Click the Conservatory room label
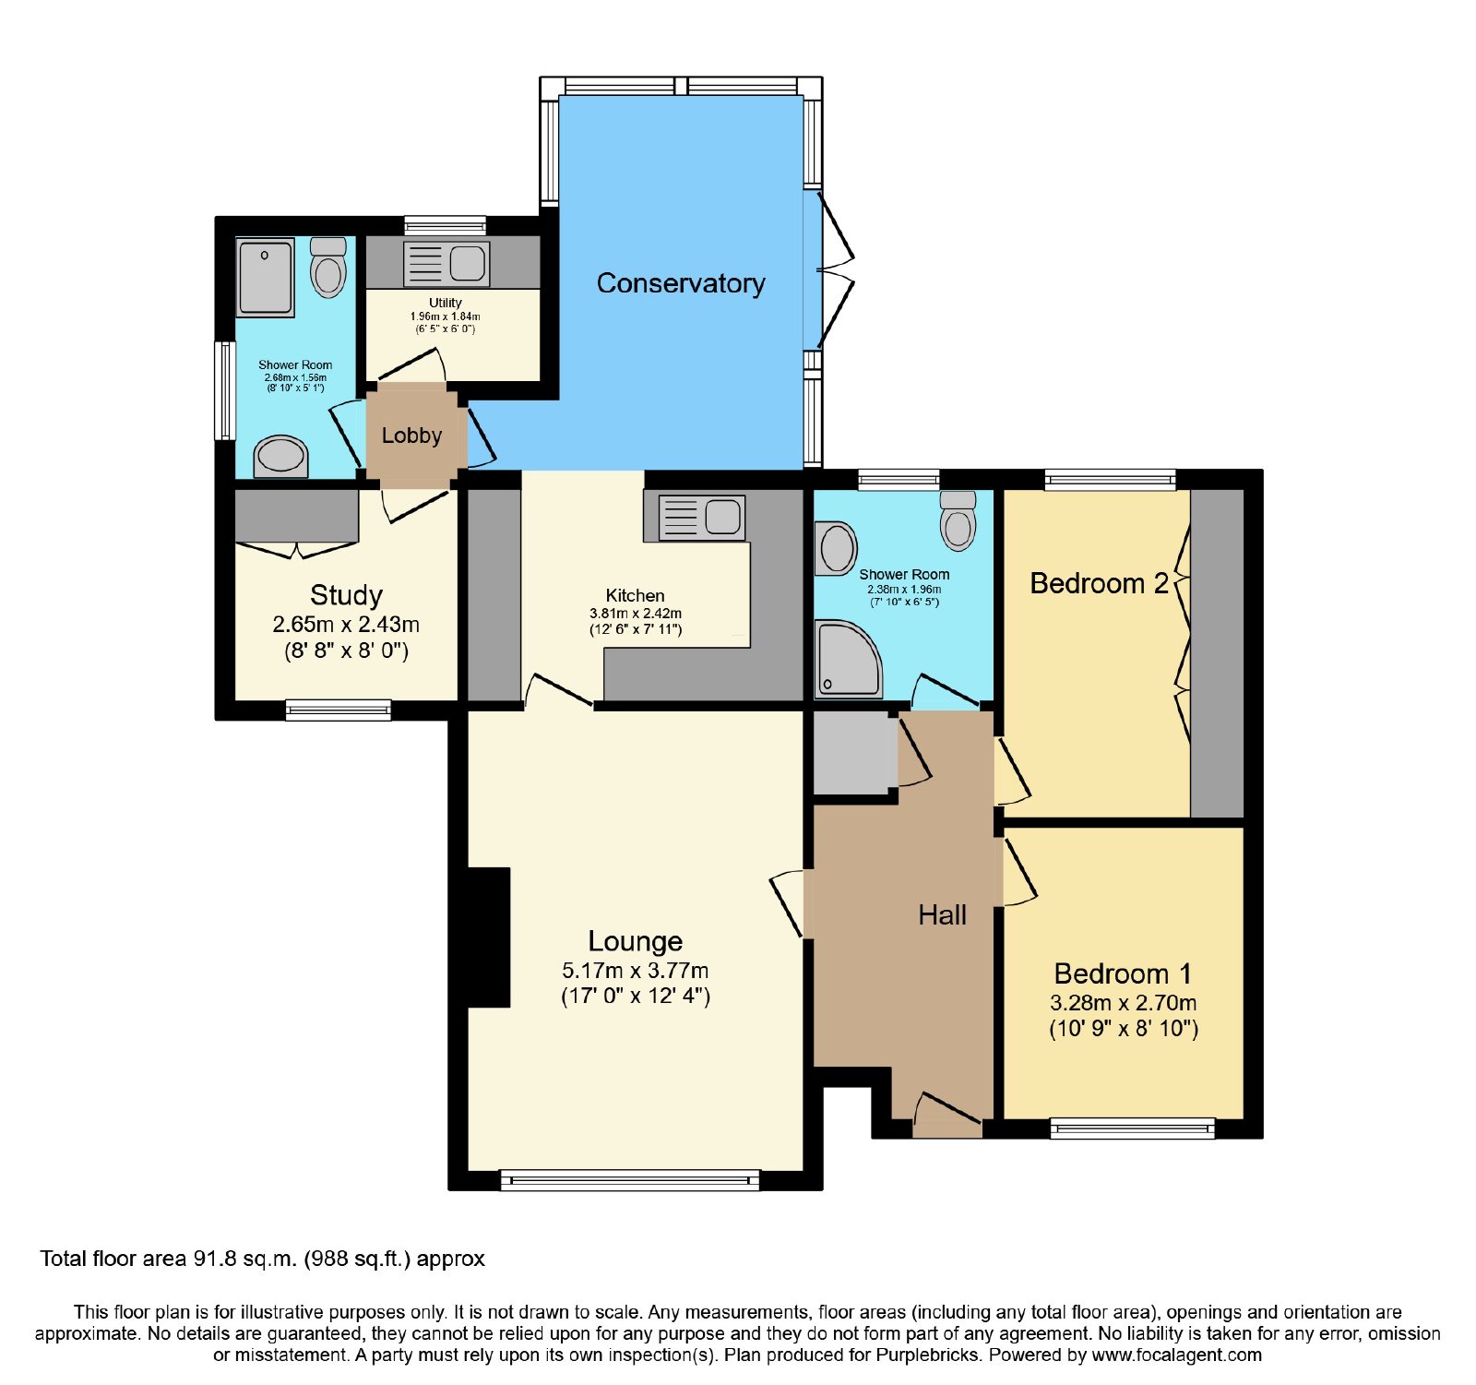[681, 283]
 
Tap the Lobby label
[411, 436]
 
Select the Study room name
[346, 595]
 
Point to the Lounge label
[636, 941]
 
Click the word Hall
[942, 915]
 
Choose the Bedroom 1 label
[1123, 973]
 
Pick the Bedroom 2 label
[1099, 583]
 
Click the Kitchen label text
[635, 596]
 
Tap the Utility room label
[445, 303]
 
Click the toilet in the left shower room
[327, 268]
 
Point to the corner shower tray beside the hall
[848, 658]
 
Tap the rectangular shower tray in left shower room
[266, 277]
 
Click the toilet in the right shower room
[958, 520]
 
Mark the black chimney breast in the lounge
[489, 937]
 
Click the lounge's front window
[630, 1180]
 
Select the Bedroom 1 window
[1133, 1128]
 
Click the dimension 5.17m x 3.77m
[636, 971]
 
